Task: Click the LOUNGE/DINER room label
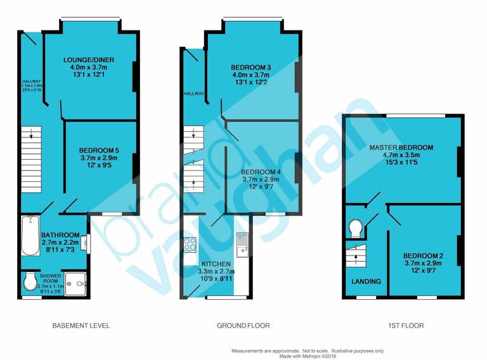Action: click(90, 60)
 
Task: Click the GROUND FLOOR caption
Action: click(243, 326)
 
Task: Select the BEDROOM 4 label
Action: click(260, 172)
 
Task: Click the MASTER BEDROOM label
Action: click(401, 147)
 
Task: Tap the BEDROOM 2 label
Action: click(423, 256)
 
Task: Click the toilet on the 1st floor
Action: click(355, 228)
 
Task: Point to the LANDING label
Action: click(366, 281)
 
